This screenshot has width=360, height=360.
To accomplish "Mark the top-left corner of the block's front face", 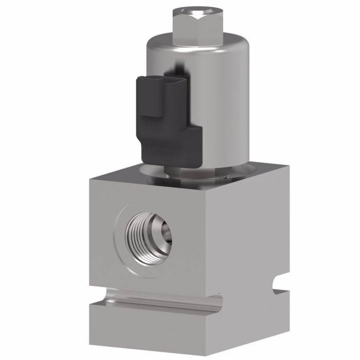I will (91, 178).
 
